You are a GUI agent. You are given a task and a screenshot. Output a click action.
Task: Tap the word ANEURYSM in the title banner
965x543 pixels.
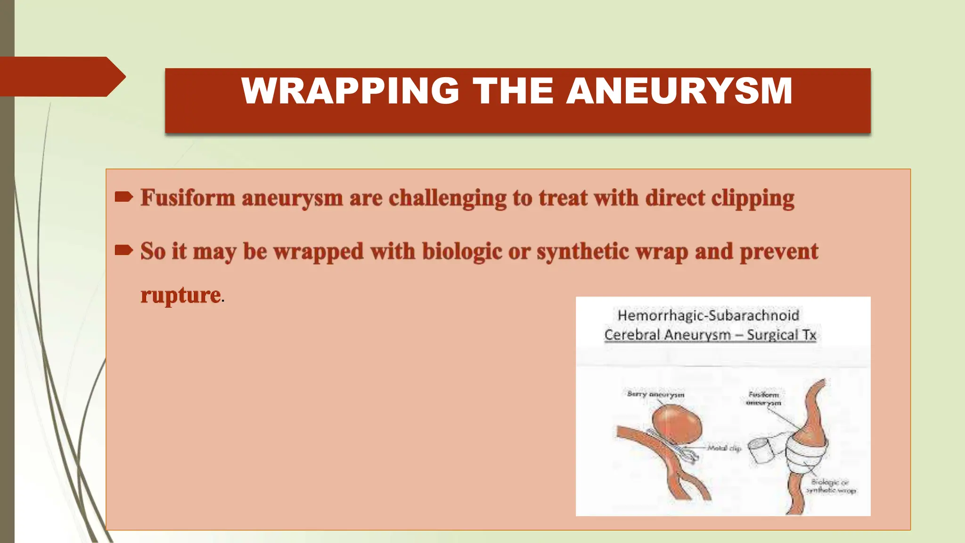point(679,90)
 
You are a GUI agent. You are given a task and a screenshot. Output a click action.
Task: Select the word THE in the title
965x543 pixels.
point(513,90)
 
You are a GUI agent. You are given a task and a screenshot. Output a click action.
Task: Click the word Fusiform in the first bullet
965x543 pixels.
point(188,197)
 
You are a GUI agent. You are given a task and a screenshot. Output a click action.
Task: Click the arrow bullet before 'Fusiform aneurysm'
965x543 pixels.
point(124,197)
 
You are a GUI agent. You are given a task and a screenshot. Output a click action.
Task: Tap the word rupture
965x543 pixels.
point(180,296)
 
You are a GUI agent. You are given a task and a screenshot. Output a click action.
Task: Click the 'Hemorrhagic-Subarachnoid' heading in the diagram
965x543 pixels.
point(708,315)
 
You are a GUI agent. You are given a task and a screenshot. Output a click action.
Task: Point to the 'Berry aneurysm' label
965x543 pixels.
point(655,394)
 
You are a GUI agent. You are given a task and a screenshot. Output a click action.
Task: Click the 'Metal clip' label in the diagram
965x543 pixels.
point(724,448)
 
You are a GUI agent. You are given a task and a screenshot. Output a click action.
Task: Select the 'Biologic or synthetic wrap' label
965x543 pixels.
point(830,486)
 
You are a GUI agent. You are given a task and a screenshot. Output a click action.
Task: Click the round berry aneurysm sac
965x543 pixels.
point(677,425)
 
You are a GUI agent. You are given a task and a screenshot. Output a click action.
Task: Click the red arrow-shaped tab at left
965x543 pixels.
point(61,76)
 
